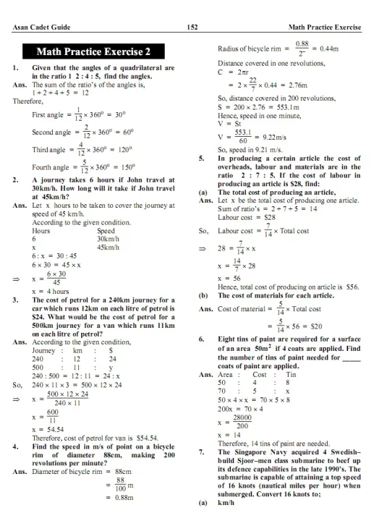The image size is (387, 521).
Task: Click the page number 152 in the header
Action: click(192, 27)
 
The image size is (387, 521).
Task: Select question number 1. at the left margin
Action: click(16, 68)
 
